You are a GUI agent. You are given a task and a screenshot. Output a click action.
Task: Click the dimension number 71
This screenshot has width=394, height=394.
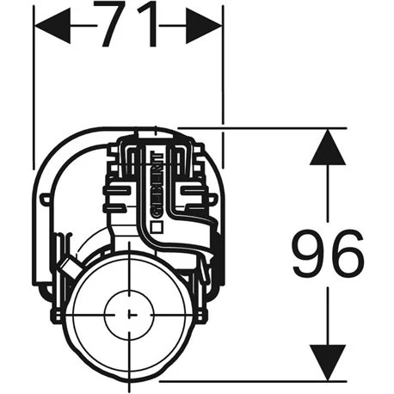pos(127,25)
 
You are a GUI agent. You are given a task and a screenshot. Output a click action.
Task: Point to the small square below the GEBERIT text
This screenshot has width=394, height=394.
pos(157,227)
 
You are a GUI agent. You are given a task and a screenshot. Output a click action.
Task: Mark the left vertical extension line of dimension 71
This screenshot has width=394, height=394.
pos(33,86)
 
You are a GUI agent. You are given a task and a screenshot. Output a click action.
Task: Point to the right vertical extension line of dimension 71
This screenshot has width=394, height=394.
pos(223,86)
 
